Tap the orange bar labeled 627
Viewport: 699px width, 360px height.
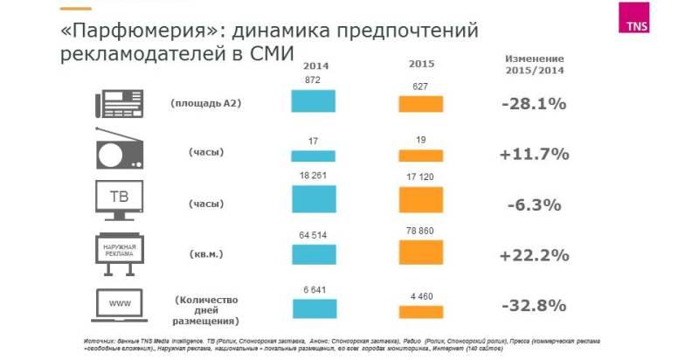coord(421,104)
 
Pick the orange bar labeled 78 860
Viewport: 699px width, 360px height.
coord(421,252)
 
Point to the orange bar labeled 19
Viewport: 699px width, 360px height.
coord(421,156)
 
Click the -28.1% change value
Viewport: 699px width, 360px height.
coord(534,104)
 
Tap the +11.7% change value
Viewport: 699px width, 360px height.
coord(534,155)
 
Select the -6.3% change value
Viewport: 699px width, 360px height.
coord(534,205)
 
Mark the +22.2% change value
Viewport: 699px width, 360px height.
coord(534,255)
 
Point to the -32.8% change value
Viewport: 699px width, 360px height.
coord(534,306)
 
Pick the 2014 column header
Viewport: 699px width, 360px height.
coord(315,66)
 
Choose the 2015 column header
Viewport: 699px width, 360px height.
coord(421,65)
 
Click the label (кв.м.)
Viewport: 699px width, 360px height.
coord(207,254)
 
